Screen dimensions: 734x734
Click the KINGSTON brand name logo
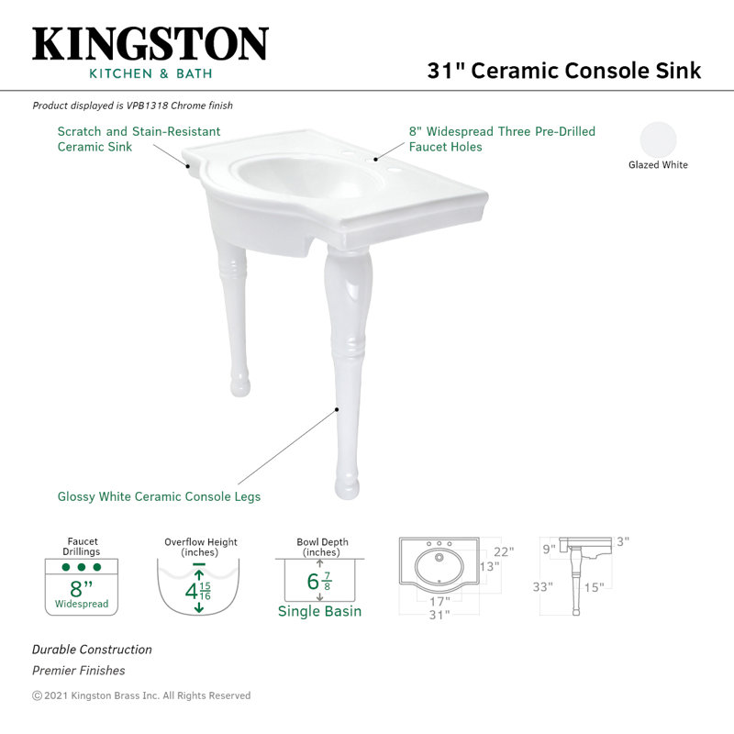[x=150, y=44]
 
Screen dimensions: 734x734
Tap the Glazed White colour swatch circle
[x=658, y=139]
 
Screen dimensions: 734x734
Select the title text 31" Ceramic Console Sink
[x=563, y=72]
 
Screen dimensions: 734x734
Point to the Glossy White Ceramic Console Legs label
[x=159, y=496]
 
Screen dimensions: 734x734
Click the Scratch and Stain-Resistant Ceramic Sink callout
[x=139, y=139]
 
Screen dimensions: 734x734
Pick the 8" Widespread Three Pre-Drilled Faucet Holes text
[x=502, y=139]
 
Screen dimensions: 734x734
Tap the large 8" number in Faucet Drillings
[x=82, y=589]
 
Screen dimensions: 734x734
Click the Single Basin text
[x=319, y=611]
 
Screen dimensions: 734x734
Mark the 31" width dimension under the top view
[x=439, y=615]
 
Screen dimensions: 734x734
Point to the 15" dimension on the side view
[x=595, y=587]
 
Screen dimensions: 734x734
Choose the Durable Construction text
[x=92, y=650]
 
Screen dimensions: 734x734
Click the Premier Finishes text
[x=79, y=671]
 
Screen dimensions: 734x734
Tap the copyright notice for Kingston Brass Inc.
[x=141, y=695]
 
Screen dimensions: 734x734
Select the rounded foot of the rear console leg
[x=239, y=384]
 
